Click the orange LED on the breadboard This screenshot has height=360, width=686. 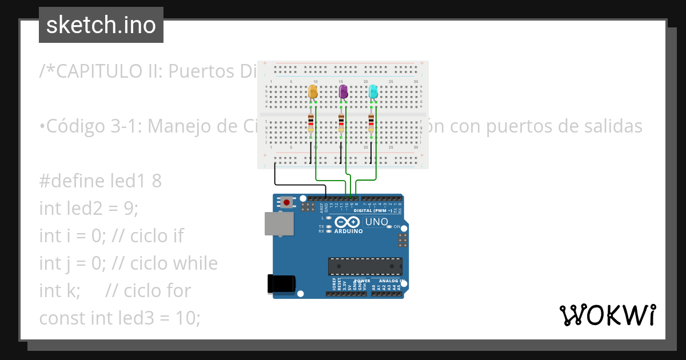point(313,91)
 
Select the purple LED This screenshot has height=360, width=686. point(344,91)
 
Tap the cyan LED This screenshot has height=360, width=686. point(373,91)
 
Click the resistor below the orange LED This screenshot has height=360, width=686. point(310,123)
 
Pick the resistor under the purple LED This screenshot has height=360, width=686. point(341,123)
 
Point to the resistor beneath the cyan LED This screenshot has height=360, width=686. point(371,123)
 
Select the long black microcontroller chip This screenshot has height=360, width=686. point(365,266)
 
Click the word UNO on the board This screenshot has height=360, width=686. point(377,222)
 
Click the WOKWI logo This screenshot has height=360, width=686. point(607,315)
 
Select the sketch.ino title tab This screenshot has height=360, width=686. point(101,25)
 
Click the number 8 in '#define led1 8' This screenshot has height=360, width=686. point(157,181)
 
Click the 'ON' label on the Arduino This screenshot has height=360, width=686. point(397,226)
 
